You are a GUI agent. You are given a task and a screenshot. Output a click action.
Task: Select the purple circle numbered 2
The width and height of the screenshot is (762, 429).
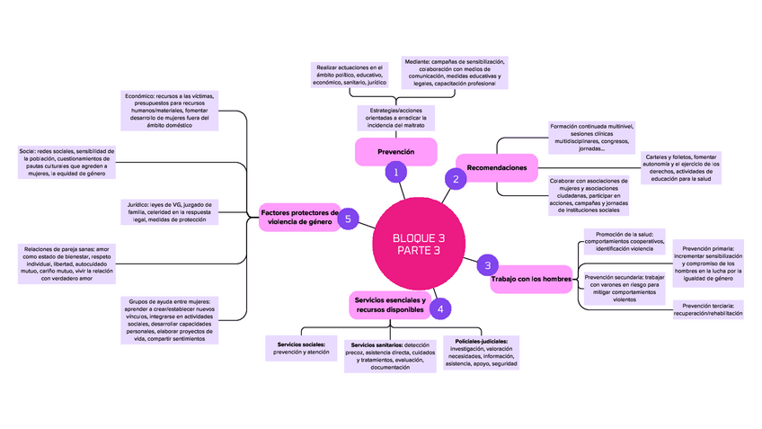[x=456, y=179]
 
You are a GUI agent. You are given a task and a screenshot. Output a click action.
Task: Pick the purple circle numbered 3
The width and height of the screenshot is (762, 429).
[x=487, y=264]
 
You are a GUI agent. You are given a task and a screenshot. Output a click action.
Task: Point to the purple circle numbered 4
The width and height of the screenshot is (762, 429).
[x=439, y=308]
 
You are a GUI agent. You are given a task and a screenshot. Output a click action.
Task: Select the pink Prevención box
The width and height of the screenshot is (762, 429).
[x=395, y=152]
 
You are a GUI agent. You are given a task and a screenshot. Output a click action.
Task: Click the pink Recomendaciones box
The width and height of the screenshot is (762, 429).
[x=496, y=167]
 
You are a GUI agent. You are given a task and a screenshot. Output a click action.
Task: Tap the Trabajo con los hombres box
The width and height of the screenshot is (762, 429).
[x=531, y=279]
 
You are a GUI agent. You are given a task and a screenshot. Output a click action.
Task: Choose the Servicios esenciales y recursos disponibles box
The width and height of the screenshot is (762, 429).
[x=389, y=304]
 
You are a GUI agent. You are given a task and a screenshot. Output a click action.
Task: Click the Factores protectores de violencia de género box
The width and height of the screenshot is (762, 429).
[x=297, y=216]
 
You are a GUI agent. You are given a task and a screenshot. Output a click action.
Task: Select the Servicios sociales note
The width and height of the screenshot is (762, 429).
[x=300, y=348]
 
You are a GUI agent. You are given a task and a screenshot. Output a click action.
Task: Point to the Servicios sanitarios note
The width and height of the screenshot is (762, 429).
[x=390, y=355]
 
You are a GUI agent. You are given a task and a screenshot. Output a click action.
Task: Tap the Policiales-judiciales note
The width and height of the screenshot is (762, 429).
[x=481, y=353]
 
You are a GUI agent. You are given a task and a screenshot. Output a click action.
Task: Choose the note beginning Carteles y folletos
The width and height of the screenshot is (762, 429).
[x=680, y=168]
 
